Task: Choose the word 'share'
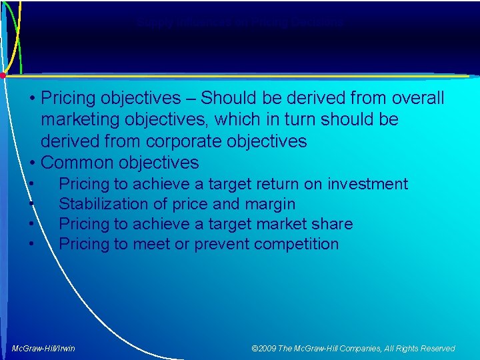(330, 224)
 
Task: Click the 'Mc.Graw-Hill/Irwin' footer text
(44, 349)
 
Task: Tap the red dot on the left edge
(3, 75)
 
